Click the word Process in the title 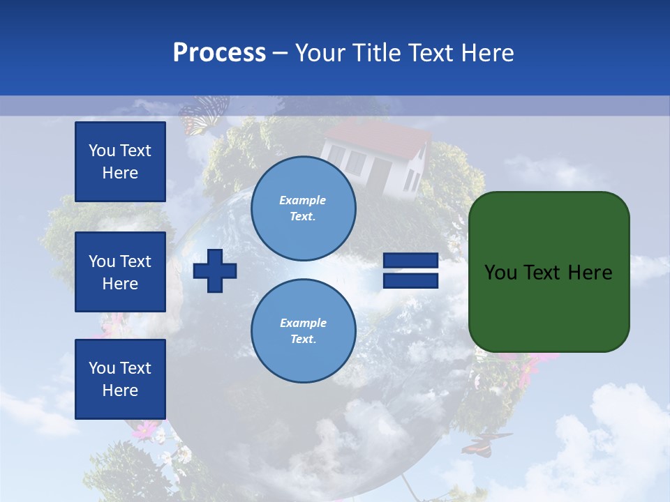click(219, 53)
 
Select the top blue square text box click(120, 162)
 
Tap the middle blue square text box click(120, 272)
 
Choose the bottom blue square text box click(120, 379)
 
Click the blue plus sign click(215, 271)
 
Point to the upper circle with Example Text click(303, 208)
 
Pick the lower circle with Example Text click(303, 330)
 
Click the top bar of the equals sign click(410, 261)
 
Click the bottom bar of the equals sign click(410, 280)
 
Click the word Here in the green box click(590, 273)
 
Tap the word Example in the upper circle click(303, 200)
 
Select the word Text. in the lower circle click(303, 340)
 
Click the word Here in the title click(486, 53)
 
